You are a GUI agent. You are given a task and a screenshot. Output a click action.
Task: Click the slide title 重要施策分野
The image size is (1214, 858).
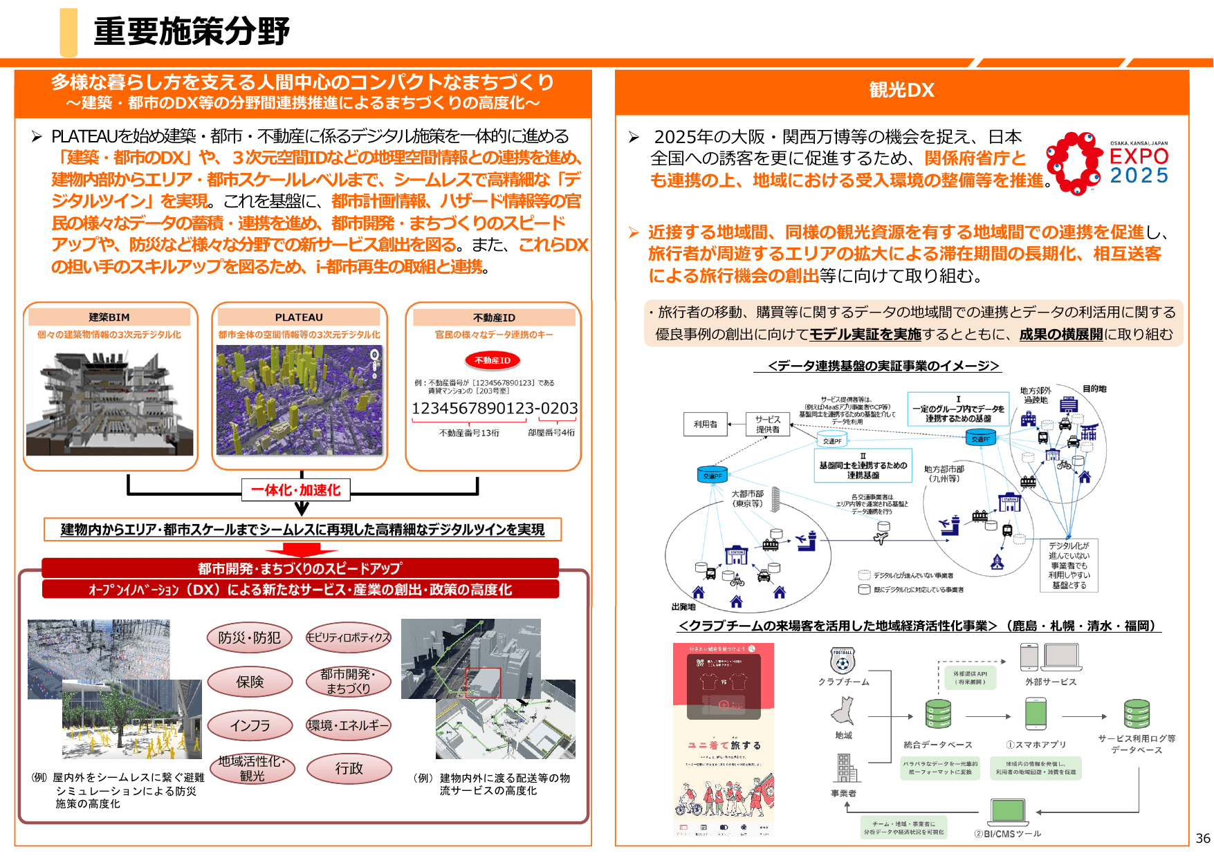[x=191, y=32]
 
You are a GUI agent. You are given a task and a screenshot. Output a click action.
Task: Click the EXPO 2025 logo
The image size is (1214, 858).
[x=1107, y=163]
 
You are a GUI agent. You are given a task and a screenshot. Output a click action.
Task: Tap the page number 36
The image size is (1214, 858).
[x=1203, y=838]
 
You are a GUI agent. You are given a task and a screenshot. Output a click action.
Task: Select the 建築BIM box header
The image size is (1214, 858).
[x=109, y=317]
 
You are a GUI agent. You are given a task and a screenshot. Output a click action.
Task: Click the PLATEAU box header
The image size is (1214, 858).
[x=299, y=317]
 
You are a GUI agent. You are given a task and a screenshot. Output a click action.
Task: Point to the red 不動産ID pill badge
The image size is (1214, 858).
[x=493, y=360]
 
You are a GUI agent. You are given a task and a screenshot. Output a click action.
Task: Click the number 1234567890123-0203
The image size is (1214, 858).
[x=495, y=409]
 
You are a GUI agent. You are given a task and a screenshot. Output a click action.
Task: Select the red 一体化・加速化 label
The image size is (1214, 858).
[x=295, y=490]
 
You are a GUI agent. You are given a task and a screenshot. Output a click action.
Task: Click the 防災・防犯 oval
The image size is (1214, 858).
[x=249, y=637]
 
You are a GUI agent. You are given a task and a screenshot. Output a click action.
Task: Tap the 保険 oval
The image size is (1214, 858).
[x=249, y=682]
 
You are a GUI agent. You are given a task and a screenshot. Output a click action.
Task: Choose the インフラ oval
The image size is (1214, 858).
[x=250, y=725]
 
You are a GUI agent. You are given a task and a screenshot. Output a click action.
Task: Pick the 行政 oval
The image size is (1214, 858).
[x=349, y=768]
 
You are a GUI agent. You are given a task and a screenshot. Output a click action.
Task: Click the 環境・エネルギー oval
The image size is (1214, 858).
[x=349, y=725]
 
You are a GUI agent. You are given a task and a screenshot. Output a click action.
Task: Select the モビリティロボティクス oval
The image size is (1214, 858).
[x=349, y=637]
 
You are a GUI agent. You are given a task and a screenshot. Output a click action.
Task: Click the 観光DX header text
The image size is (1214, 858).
[x=901, y=90]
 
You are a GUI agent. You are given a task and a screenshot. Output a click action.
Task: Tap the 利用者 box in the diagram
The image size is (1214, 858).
[x=706, y=425]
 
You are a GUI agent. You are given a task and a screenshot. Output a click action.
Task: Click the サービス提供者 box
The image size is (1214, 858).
[x=767, y=425]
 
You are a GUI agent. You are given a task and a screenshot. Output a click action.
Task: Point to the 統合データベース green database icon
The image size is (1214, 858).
[x=938, y=714]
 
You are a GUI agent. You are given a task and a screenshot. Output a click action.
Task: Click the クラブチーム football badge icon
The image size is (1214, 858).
[x=843, y=660]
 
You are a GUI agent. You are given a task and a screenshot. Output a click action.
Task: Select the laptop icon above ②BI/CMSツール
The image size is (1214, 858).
[x=1008, y=812]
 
